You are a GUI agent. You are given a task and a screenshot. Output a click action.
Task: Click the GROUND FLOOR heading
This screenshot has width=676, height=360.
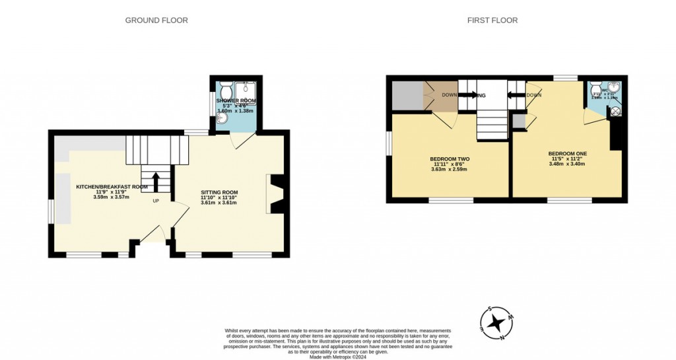coord(156,20)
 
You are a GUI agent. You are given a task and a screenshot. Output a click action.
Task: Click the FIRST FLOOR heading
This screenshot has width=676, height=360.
coord(492,20)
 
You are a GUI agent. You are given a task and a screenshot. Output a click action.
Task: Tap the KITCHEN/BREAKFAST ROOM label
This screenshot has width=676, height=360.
coord(112,187)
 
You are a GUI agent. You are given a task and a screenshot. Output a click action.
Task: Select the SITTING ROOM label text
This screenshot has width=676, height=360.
coord(219,192)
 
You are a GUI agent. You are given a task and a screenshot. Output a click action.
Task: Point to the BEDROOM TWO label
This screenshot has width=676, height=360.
coord(450,159)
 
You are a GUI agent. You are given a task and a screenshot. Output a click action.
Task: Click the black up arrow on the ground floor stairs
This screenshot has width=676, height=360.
coord(156,182)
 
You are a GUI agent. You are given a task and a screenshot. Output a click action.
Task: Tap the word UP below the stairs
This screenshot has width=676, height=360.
coord(156,201)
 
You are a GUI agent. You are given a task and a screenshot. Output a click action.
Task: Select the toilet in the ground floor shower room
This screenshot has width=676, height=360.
coord(224,89)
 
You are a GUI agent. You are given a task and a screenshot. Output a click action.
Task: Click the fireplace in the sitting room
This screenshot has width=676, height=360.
coord(273,194)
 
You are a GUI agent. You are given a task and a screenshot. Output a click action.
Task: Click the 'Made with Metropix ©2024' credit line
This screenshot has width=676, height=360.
coord(338,356)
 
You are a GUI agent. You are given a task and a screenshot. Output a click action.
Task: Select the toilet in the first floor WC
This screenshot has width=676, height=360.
coord(595,90)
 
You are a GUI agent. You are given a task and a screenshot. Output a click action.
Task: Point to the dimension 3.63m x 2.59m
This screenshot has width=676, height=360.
coord(450,170)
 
